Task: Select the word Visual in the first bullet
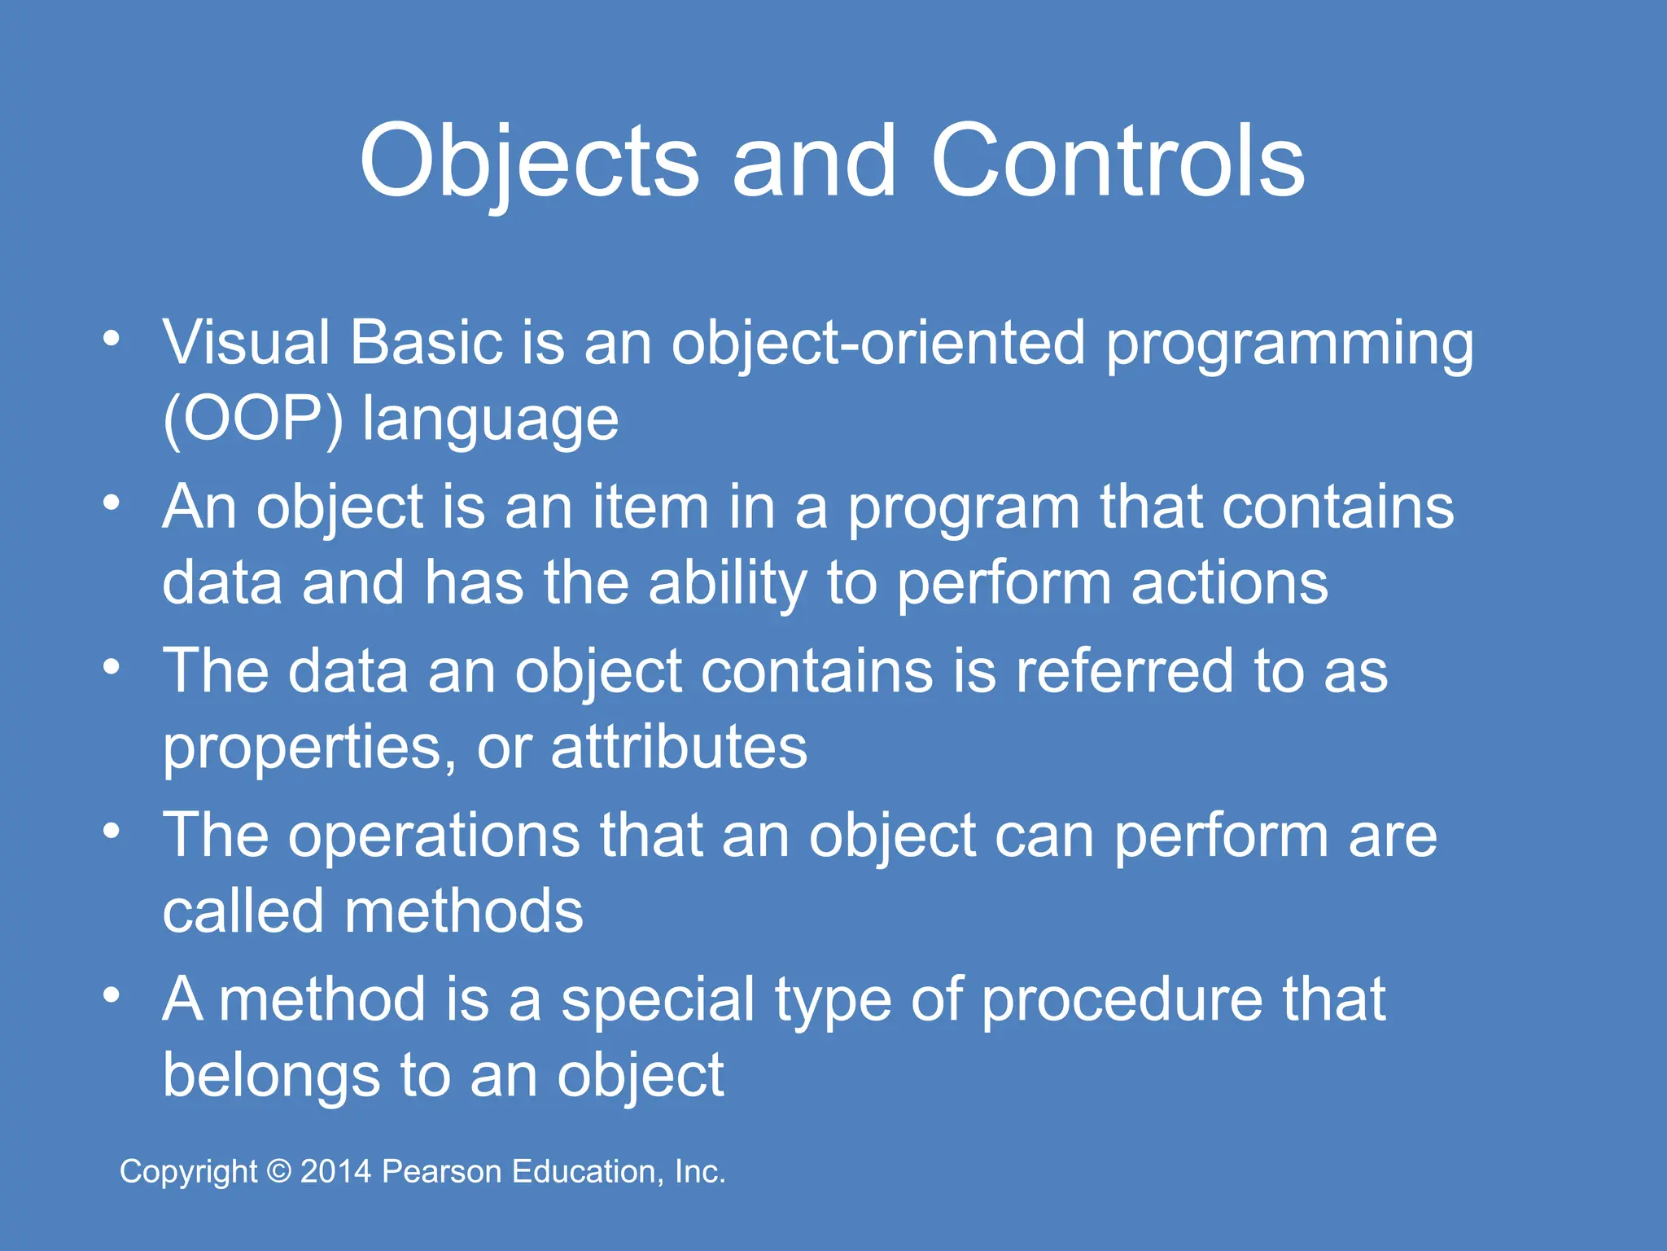(247, 343)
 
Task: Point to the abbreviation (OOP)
(253, 420)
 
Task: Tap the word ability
(728, 585)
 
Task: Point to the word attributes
(679, 747)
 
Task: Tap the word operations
(434, 836)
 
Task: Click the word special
(658, 1001)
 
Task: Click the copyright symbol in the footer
(279, 1172)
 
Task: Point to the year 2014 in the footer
(335, 1172)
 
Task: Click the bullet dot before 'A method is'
(112, 994)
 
